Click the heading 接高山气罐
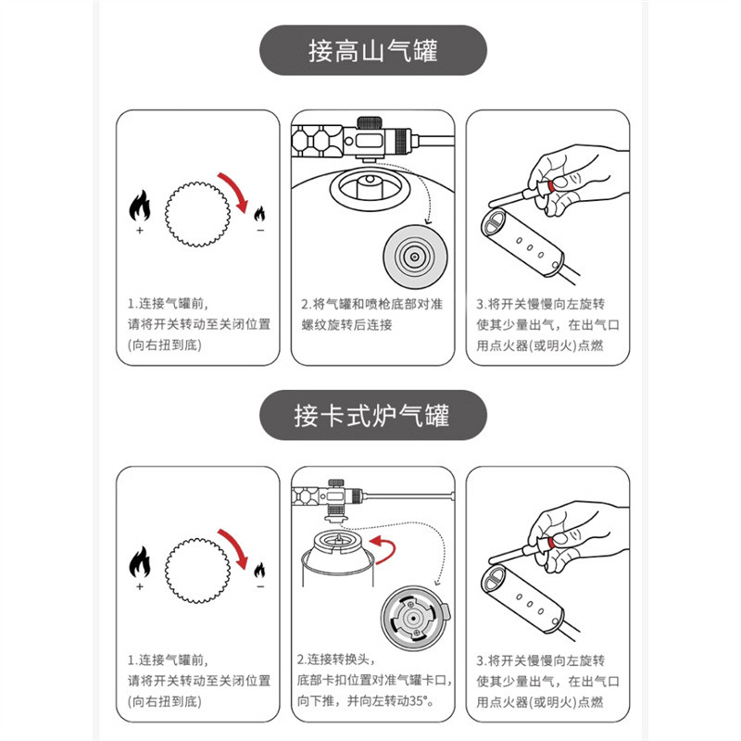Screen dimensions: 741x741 372,50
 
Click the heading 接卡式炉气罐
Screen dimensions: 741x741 372,414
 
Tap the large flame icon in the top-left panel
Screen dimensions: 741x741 139,206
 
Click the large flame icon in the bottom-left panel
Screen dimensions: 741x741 139,561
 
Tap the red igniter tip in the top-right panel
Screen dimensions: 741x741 552,188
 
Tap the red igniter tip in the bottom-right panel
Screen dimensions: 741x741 552,542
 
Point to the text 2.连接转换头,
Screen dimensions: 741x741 334,659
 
